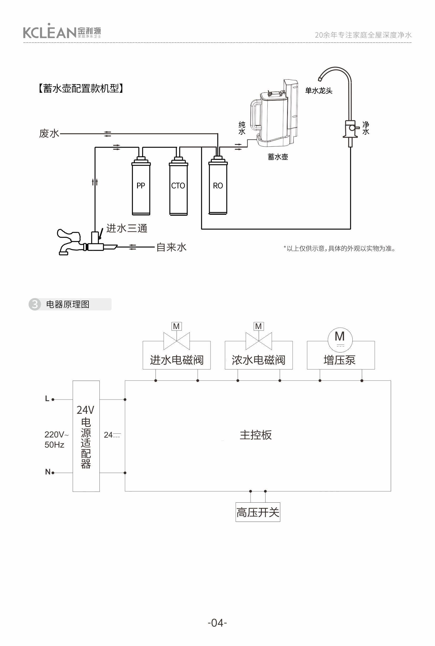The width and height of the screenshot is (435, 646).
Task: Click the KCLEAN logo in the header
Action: pyautogui.click(x=62, y=32)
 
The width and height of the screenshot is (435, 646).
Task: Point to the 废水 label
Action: pyautogui.click(x=49, y=134)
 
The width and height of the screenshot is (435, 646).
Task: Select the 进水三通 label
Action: pyautogui.click(x=127, y=229)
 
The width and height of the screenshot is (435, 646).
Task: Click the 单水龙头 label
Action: pyautogui.click(x=319, y=91)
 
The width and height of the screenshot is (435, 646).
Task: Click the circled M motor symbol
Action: pyautogui.click(x=340, y=340)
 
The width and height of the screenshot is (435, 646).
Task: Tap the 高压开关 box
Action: pyautogui.click(x=258, y=512)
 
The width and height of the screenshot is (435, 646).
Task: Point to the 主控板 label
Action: pyautogui.click(x=256, y=435)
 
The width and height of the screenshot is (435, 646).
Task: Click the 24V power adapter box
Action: pyautogui.click(x=86, y=436)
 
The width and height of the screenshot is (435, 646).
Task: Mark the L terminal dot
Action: pyautogui.click(x=53, y=400)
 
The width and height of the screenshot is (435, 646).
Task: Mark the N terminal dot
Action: pyautogui.click(x=53, y=473)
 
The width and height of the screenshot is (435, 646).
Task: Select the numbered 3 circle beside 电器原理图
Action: pyautogui.click(x=35, y=304)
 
